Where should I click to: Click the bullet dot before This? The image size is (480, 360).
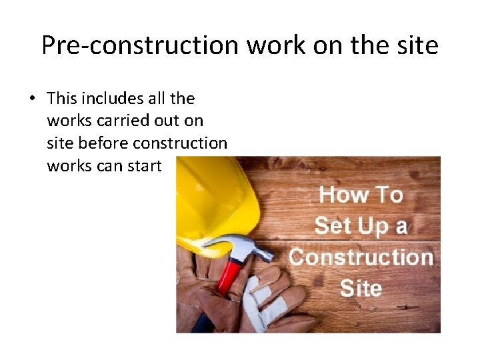pyautogui.click(x=32, y=99)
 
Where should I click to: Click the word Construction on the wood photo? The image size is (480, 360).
pyautogui.click(x=361, y=257)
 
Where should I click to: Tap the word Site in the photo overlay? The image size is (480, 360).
pyautogui.click(x=361, y=288)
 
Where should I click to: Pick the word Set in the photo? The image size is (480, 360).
pyautogui.click(x=333, y=226)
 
